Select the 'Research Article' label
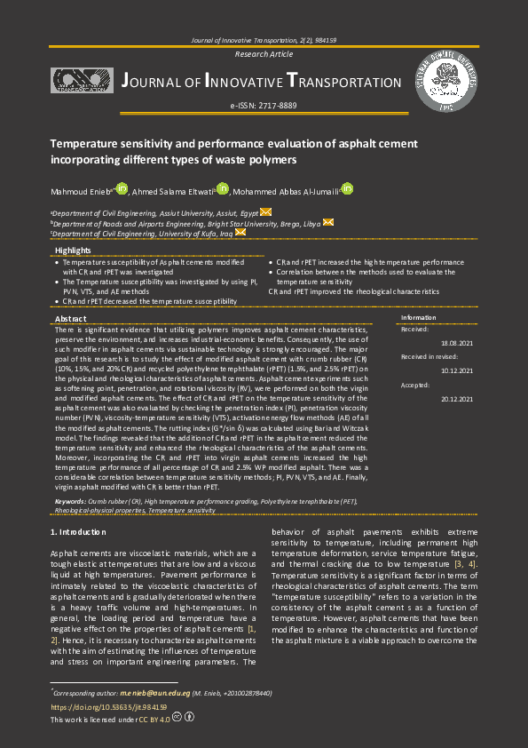pyautogui.click(x=263, y=54)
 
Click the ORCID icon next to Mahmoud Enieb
pyautogui.click(x=122, y=188)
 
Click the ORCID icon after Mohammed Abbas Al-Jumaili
pyautogui.click(x=348, y=188)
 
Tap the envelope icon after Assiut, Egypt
pyautogui.click(x=266, y=212)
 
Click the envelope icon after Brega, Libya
pyautogui.click(x=328, y=222)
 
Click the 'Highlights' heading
pyautogui.click(x=73, y=251)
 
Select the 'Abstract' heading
pyautogui.click(x=71, y=318)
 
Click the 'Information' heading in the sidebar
pyautogui.click(x=418, y=317)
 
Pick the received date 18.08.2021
pyautogui.click(x=456, y=342)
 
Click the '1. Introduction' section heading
pyautogui.click(x=80, y=531)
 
